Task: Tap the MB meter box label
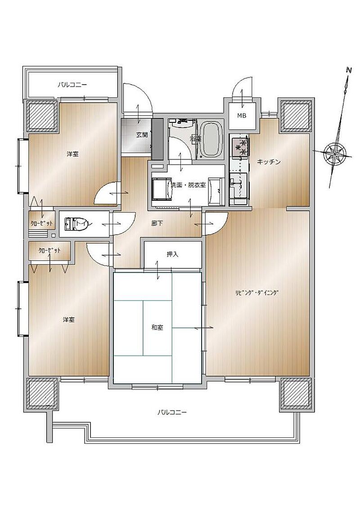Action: (x=242, y=115)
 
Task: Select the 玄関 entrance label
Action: (x=142, y=135)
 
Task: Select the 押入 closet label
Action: (x=172, y=254)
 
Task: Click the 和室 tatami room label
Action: (x=157, y=327)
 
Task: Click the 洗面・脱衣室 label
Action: (x=188, y=185)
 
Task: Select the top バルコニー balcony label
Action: (x=72, y=84)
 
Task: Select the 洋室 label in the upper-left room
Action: (x=73, y=154)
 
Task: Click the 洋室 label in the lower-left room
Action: (x=68, y=320)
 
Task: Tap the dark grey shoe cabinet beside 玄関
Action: (x=157, y=139)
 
